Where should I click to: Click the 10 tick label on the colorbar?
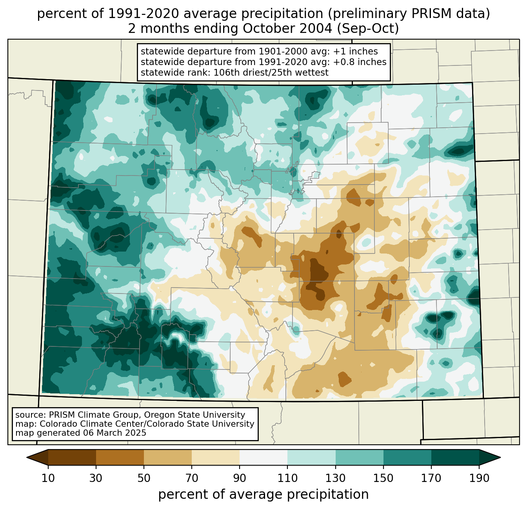click(48, 478)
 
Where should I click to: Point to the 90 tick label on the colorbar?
click(240, 478)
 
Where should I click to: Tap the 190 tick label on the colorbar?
click(479, 478)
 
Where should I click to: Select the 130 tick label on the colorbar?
click(336, 478)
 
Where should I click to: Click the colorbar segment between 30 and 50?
click(120, 457)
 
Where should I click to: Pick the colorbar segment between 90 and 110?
click(263, 457)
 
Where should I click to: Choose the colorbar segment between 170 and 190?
click(455, 457)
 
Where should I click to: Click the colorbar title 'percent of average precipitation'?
click(263, 495)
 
